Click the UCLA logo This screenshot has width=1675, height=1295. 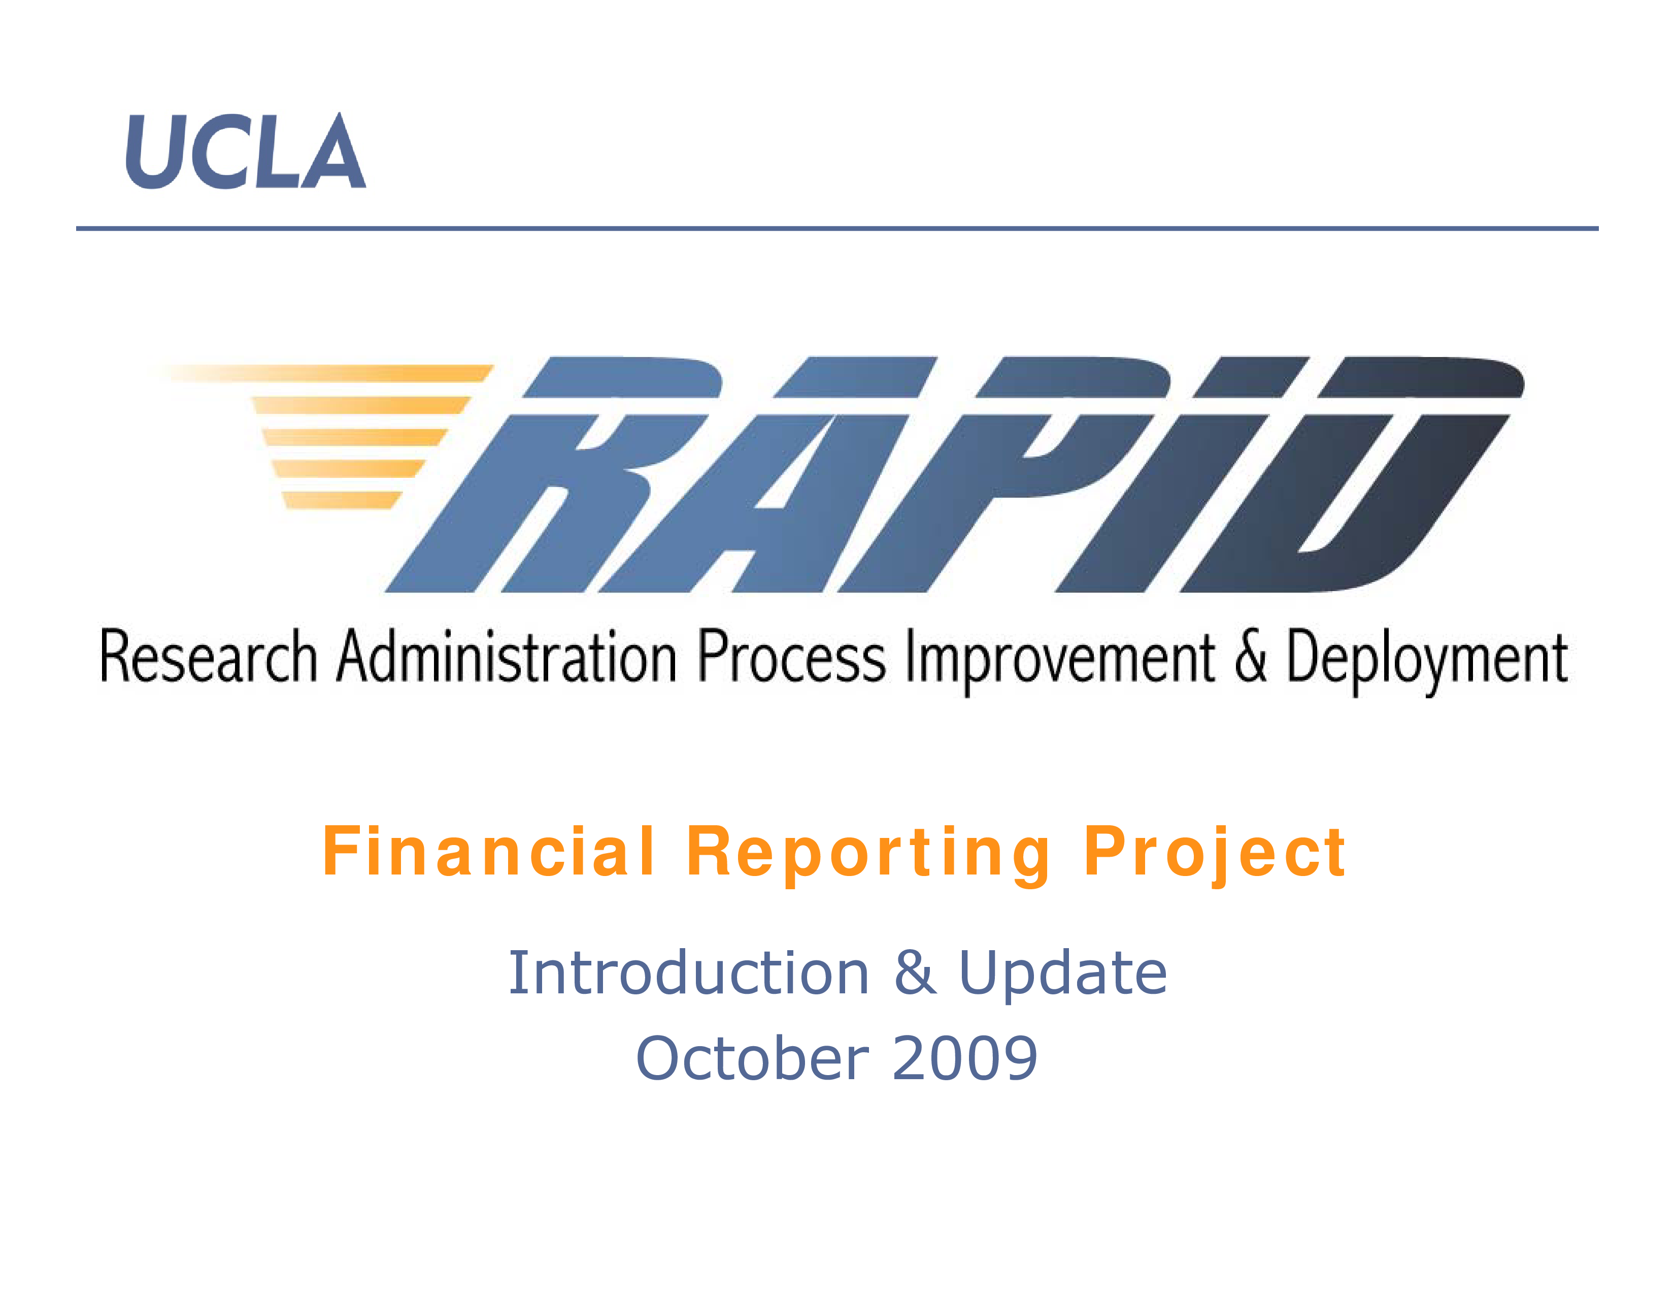tap(246, 151)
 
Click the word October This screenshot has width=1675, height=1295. tap(752, 1057)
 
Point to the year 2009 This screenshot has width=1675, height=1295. tap(965, 1058)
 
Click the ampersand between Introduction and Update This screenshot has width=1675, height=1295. tap(915, 973)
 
